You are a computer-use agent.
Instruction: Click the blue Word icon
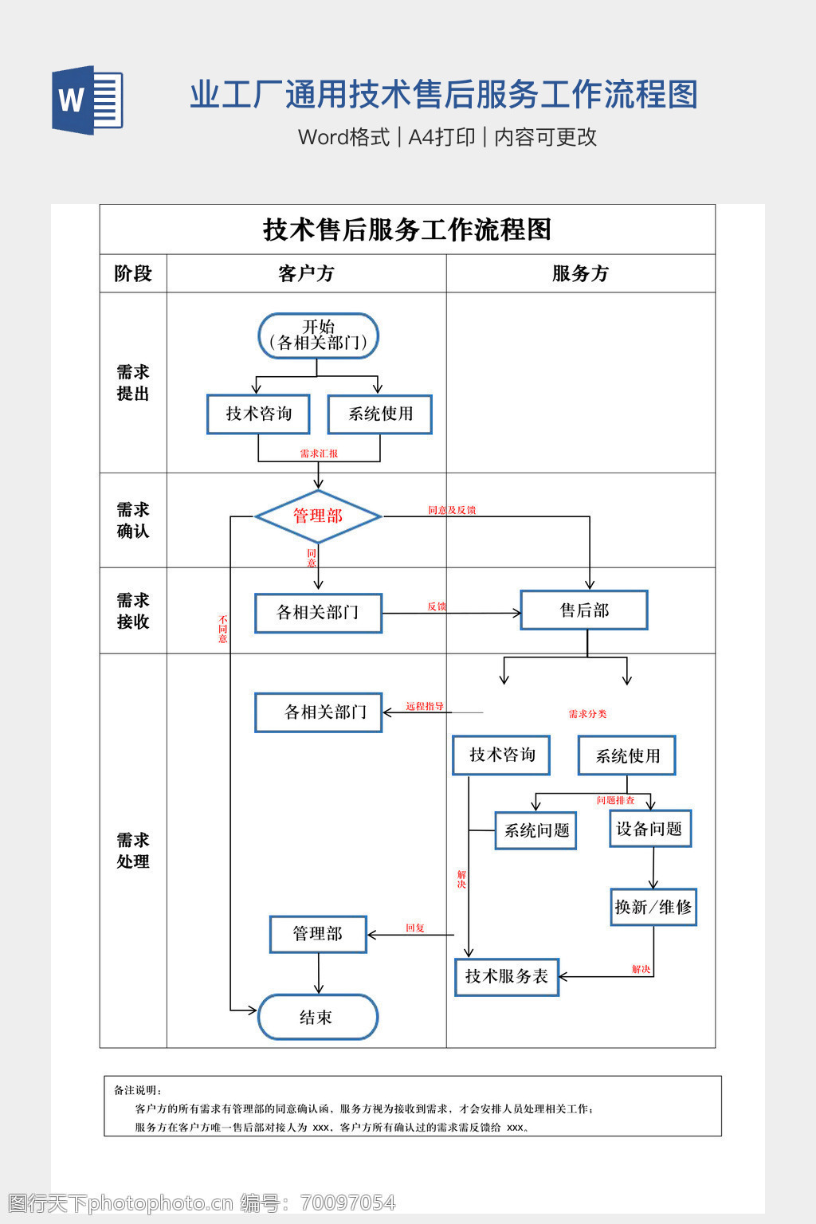[x=88, y=100]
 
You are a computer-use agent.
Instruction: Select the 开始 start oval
[x=318, y=335]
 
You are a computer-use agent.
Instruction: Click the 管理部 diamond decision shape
[x=318, y=516]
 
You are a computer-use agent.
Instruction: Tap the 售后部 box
[x=584, y=610]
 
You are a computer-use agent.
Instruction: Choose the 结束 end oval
[x=318, y=1017]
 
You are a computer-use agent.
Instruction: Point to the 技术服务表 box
[x=507, y=977]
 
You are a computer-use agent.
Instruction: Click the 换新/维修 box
[x=653, y=907]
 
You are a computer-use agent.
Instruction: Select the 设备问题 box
[x=650, y=829]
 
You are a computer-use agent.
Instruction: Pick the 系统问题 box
[x=536, y=830]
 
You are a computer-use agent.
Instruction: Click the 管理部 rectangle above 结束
[x=318, y=934]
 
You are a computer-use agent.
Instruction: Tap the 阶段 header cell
[x=133, y=273]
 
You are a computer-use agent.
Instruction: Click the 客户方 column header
[x=306, y=273]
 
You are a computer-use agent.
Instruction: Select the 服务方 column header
[x=580, y=273]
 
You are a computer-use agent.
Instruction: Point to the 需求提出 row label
[x=133, y=382]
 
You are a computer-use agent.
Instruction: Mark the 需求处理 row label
[x=133, y=850]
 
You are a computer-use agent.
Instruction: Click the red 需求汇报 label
[x=319, y=453]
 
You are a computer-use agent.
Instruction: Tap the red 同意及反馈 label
[x=452, y=510]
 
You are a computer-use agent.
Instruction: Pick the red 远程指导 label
[x=424, y=706]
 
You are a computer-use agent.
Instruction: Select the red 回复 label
[x=415, y=928]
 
